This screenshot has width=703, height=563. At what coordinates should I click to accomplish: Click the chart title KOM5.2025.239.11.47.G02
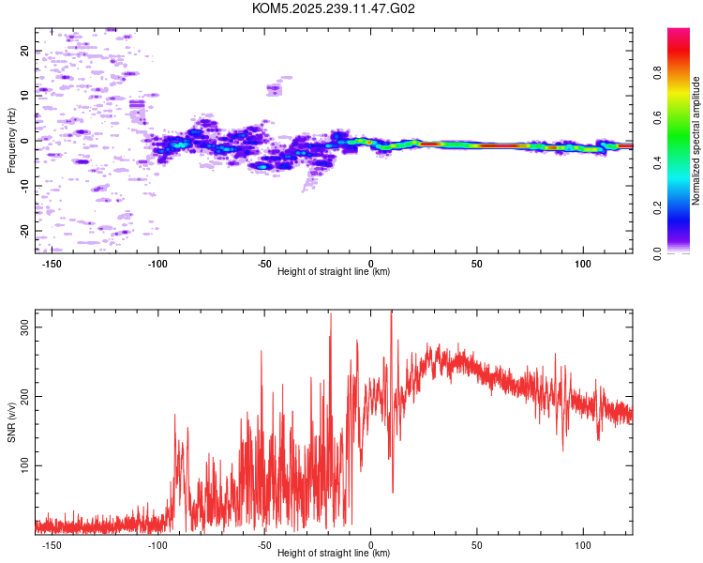pos(334,8)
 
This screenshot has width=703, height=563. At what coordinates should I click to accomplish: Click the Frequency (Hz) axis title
pos(12,141)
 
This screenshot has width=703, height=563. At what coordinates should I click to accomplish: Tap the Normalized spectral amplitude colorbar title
pos(696,141)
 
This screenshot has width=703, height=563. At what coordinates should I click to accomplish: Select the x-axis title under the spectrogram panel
pos(334,271)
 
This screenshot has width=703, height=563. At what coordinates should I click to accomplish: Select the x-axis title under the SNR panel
pos(334,553)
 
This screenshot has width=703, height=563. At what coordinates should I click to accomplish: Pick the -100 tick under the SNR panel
pos(158,543)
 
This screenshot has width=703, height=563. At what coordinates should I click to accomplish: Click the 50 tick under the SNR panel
pos(477,543)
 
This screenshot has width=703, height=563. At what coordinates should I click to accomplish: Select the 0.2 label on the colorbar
pos(657,207)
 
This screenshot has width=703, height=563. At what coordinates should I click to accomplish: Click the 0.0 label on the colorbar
pos(657,252)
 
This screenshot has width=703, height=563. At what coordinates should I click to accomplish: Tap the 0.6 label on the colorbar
pos(657,117)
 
